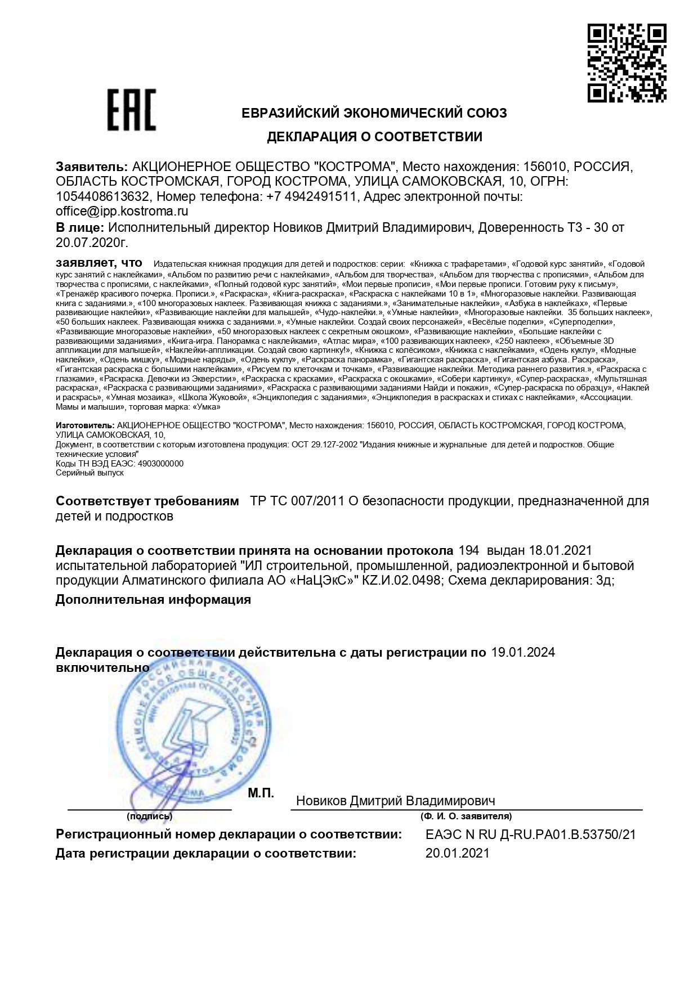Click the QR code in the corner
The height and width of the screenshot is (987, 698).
coord(627,63)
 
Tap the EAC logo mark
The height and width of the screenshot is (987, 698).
coord(132,110)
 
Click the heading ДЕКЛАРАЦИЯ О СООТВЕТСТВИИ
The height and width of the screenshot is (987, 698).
coord(374,137)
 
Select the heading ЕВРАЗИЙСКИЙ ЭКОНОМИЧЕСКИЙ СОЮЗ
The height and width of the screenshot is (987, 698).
coord(374,113)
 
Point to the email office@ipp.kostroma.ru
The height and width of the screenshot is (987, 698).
coord(122,212)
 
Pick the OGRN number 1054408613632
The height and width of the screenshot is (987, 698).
coord(102,197)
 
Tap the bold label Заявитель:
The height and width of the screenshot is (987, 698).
coord(91,167)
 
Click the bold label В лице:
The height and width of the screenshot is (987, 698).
coord(79,227)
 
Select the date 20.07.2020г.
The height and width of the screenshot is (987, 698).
coord(92,243)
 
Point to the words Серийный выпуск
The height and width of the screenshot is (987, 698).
coord(90,473)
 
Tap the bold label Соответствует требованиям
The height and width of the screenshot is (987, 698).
coord(147,501)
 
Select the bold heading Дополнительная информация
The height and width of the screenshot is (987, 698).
coord(153,599)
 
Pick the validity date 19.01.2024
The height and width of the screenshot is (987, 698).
coord(523,653)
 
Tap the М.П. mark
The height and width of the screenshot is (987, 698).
coord(261,793)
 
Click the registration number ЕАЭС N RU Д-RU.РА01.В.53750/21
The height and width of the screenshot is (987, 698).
coord(531,835)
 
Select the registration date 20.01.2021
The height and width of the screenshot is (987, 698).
coord(458,853)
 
